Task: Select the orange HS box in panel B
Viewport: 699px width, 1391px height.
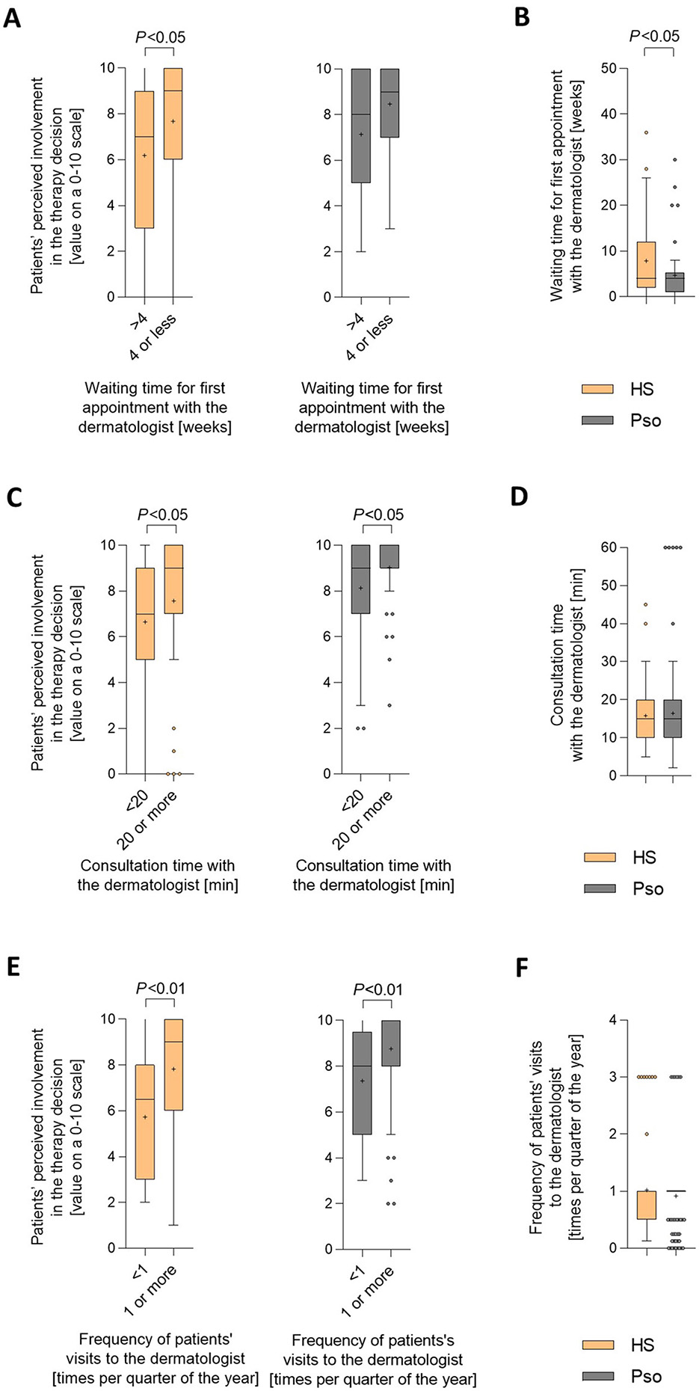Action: point(646,264)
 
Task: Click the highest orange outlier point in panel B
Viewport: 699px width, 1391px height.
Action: point(646,132)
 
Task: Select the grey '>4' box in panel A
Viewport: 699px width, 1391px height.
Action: point(361,126)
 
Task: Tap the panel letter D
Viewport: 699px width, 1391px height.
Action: point(519,496)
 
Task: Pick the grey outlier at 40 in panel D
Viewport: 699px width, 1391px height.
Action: point(673,624)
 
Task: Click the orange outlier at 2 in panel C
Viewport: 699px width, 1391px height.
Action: point(173,728)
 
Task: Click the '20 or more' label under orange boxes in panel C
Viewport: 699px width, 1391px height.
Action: point(149,820)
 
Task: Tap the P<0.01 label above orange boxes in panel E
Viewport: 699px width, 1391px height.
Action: point(160,989)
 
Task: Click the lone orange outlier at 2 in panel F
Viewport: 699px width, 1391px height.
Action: point(646,1134)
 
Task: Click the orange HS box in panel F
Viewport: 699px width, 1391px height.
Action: point(646,1205)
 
